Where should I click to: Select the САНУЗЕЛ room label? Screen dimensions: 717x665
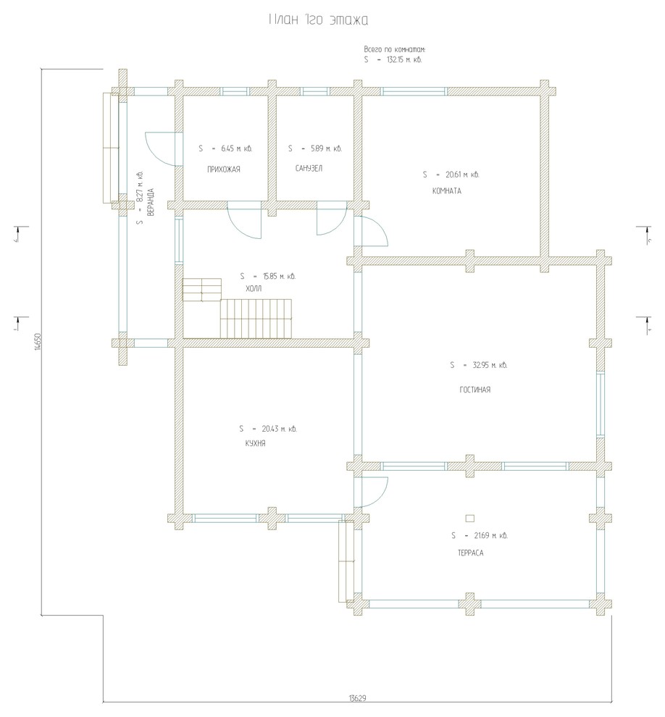pos(309,169)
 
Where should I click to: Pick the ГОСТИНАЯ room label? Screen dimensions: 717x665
pos(475,390)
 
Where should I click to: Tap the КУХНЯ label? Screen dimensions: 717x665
pos(255,444)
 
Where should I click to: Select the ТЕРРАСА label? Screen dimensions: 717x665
pos(470,553)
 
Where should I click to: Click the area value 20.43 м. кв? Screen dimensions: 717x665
pos(276,429)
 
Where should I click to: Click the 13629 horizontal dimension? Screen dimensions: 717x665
pos(357,698)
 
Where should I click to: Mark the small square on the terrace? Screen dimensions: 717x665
pos(469,518)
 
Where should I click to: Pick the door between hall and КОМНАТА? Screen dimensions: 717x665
pos(375,232)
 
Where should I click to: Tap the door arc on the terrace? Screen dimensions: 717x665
pos(375,492)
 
